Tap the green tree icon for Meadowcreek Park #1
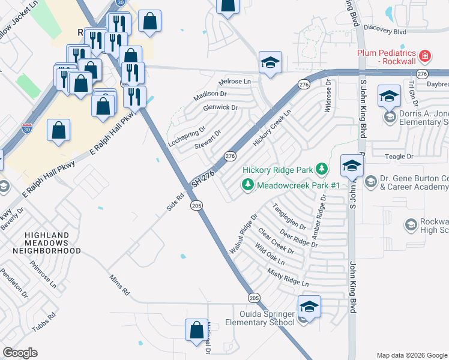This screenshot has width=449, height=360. (x=247, y=185)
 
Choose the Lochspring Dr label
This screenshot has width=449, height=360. (x=187, y=136)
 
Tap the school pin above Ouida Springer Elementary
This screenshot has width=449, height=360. (x=309, y=307)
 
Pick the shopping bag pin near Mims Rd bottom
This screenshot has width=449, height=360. (x=196, y=331)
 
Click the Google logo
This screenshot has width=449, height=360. (x=20, y=353)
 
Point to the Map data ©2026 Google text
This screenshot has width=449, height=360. (x=412, y=355)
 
